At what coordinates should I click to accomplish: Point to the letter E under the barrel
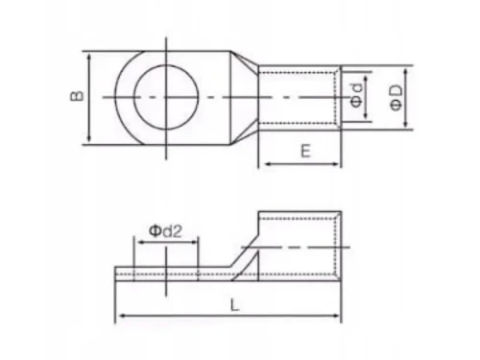[x=303, y=151]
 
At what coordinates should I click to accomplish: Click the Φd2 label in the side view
[x=166, y=230]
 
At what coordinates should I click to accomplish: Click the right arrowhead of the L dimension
[x=340, y=315]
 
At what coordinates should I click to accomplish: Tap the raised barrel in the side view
[x=298, y=245]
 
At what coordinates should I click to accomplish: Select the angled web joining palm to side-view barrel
[x=245, y=264]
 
